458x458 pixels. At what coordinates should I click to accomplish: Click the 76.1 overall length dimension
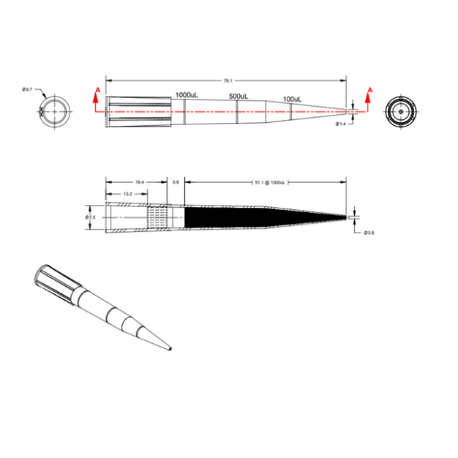coord(228,80)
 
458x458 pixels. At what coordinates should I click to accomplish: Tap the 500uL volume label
coord(239,97)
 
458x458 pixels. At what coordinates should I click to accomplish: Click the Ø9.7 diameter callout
coord(28,89)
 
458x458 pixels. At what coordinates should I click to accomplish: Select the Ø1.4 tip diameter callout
coord(341,124)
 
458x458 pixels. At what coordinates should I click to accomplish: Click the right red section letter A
coord(369,90)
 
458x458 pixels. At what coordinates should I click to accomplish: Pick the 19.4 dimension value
coord(138,181)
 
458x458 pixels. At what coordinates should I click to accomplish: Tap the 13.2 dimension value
coord(127,194)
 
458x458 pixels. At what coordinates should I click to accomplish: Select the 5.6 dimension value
coord(176,181)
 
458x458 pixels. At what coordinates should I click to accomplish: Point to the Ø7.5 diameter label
coord(91,217)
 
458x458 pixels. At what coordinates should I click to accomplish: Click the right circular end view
coord(400,113)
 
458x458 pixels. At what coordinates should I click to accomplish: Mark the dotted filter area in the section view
coord(159,217)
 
